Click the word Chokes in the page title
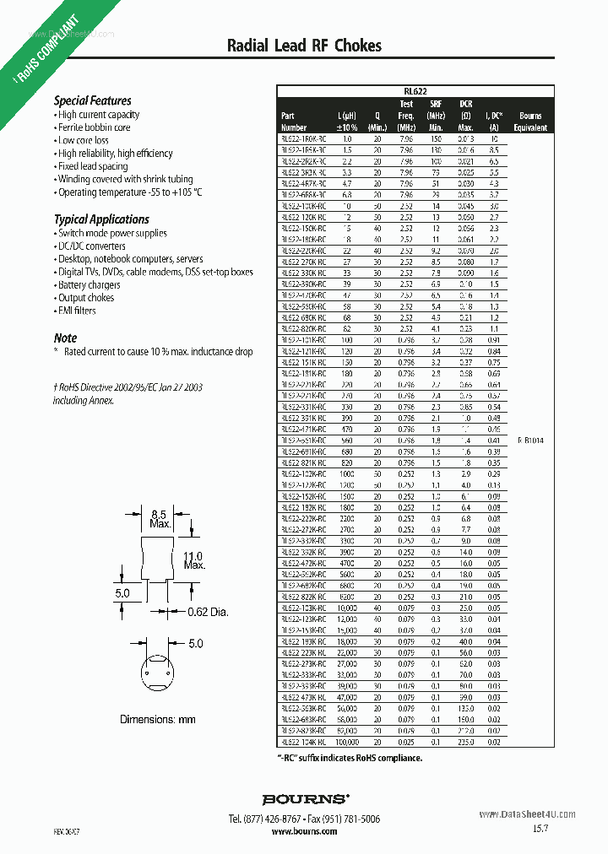click(x=358, y=46)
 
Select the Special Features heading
click(x=93, y=100)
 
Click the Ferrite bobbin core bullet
click(x=94, y=127)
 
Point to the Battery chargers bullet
click(x=90, y=285)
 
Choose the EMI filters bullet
click(x=77, y=311)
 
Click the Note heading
click(x=65, y=338)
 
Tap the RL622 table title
click(x=415, y=93)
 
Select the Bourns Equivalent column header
click(x=530, y=122)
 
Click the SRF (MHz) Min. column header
click(x=436, y=116)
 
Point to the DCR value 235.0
click(x=466, y=742)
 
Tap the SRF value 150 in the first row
click(x=436, y=138)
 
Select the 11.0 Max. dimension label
click(x=193, y=560)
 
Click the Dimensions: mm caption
click(x=157, y=719)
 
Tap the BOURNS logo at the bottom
click(x=304, y=798)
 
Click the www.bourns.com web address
click(x=304, y=831)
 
